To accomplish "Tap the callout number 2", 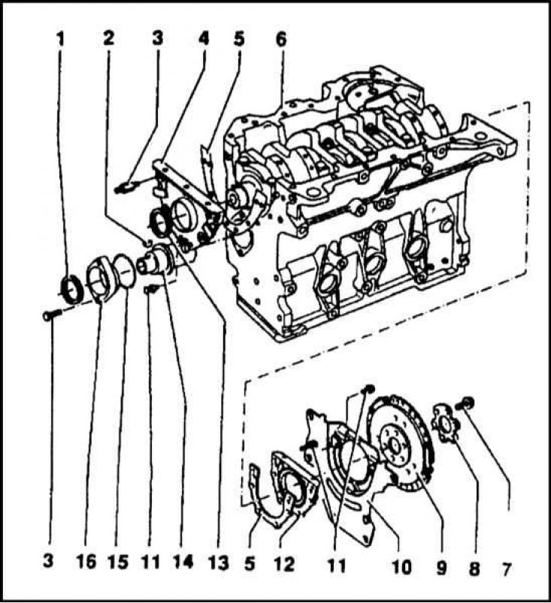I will (110, 38).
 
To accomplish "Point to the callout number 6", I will (280, 38).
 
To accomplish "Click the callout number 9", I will (441, 568).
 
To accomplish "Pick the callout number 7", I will (507, 569).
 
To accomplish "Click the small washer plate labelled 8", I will (446, 422).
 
